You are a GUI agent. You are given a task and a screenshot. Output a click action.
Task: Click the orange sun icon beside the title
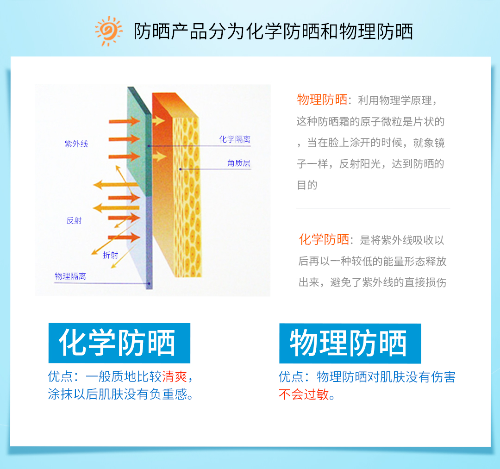[108, 31]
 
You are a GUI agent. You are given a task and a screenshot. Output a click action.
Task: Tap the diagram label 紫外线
[76, 144]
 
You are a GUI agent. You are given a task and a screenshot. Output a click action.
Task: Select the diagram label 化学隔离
[235, 139]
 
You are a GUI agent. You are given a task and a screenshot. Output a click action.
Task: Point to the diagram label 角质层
[239, 163]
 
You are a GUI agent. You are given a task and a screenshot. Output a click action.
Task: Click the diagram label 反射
[74, 220]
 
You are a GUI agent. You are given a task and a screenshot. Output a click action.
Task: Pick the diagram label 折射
[110, 255]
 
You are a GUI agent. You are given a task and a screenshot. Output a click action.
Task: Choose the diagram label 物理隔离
[70, 276]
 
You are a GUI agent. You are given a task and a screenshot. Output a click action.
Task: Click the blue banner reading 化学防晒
[119, 343]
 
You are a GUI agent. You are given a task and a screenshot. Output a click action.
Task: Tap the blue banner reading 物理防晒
[350, 344]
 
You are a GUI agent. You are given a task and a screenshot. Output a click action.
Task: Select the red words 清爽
[175, 376]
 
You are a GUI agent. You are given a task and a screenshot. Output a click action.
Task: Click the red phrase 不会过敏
[304, 394]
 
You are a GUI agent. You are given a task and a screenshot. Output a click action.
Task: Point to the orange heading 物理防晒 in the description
[322, 100]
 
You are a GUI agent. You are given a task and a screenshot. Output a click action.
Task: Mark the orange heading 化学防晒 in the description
[324, 239]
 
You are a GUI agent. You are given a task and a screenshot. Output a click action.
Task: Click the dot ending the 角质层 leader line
[181, 169]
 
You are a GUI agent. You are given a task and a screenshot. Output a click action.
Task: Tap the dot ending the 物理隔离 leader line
[149, 283]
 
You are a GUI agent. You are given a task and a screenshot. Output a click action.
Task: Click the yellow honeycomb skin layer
[187, 198]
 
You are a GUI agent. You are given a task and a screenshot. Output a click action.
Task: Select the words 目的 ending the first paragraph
[307, 185]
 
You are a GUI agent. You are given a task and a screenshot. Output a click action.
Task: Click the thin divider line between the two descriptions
[373, 208]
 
